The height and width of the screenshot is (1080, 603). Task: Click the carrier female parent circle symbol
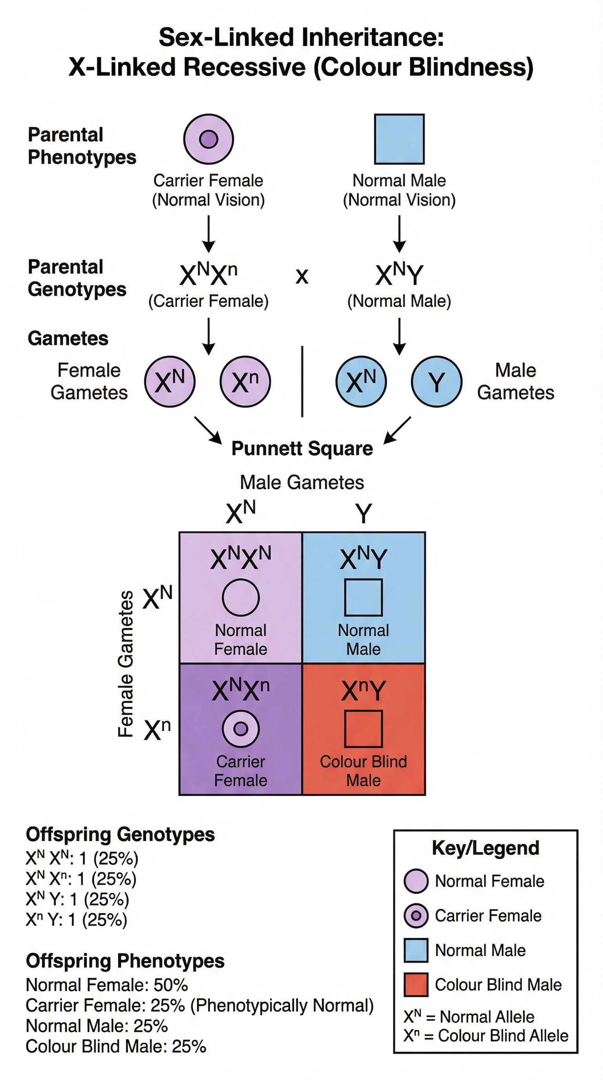click(208, 139)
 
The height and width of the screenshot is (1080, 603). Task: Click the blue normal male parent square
click(399, 139)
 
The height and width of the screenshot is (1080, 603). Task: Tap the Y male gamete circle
click(437, 381)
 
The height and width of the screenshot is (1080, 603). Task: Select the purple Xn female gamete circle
click(245, 381)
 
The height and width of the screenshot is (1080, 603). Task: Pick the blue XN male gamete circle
click(361, 381)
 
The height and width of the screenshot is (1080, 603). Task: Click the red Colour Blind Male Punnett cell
click(364, 729)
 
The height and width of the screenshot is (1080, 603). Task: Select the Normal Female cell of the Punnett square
click(241, 598)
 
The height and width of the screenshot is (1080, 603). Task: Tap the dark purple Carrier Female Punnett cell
click(241, 729)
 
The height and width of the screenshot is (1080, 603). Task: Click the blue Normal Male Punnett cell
click(364, 598)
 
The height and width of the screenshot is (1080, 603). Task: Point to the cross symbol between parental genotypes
click(302, 276)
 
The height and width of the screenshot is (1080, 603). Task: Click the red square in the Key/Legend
click(416, 984)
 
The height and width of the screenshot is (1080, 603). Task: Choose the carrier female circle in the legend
click(416, 916)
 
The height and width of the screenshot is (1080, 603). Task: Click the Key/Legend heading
click(486, 848)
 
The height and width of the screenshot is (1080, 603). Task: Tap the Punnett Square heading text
click(302, 449)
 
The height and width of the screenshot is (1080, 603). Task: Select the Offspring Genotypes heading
click(121, 834)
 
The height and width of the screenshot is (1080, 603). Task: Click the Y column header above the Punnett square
click(364, 513)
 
